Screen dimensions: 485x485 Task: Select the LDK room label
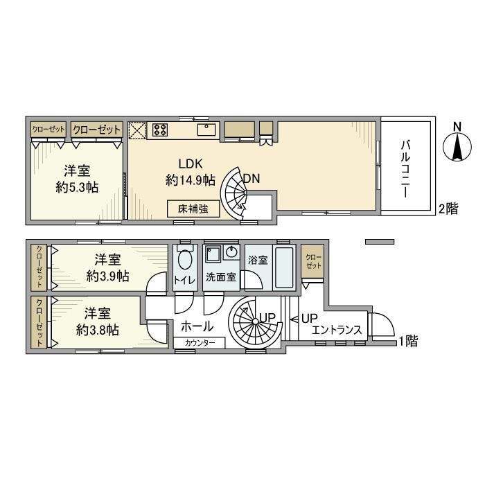(190, 164)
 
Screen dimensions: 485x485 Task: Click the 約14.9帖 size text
(190, 180)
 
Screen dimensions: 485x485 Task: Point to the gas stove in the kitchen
(161, 129)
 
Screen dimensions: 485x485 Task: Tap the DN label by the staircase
(252, 178)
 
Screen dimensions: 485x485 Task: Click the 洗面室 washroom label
(220, 277)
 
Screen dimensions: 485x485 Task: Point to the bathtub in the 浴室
(283, 267)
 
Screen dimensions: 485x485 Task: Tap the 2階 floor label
(448, 209)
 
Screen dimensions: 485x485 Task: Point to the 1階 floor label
(409, 341)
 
